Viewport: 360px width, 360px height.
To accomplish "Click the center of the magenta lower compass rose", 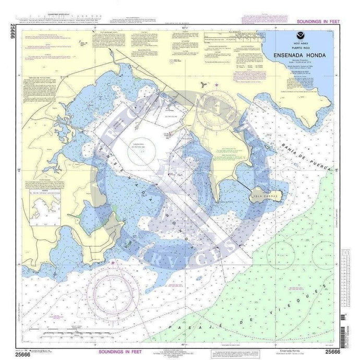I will pyautogui.click(x=113, y=293).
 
